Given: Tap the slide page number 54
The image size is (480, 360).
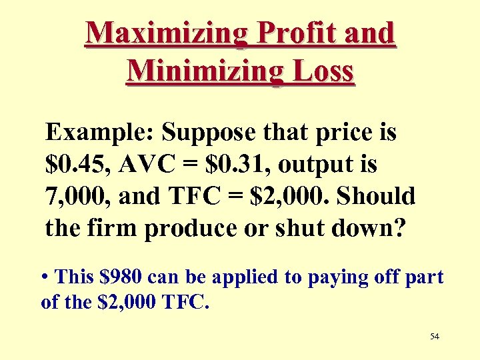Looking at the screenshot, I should (435, 337).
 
